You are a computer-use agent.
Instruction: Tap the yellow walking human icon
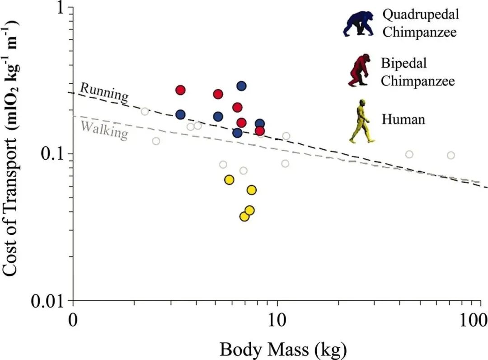361,121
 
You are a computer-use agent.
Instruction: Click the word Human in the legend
404,120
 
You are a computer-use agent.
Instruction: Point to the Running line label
104,93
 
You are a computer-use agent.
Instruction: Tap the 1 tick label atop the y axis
62,8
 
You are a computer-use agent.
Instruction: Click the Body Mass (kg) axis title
283,349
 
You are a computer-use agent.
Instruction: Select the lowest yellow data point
244,216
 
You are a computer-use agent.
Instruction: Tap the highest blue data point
241,86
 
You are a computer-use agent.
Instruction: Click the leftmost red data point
180,90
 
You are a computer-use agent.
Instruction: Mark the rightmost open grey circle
450,155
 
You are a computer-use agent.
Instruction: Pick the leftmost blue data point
180,114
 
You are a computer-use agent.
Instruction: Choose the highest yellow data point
229,180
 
